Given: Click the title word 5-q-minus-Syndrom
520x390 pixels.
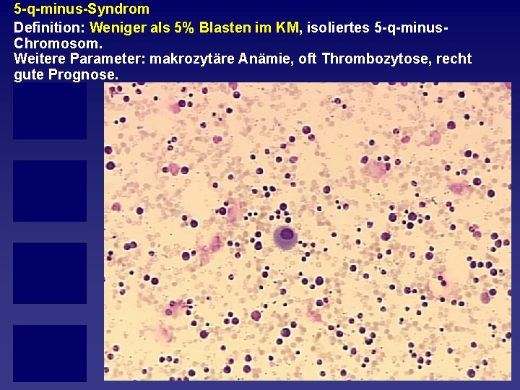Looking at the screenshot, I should (x=82, y=9).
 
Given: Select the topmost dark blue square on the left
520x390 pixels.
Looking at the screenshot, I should (x=49, y=110).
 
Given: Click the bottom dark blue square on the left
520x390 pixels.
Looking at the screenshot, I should (x=49, y=352).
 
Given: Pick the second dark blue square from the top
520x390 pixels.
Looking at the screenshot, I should (x=49, y=191).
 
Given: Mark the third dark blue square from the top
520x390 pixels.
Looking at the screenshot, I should (x=49, y=273).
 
